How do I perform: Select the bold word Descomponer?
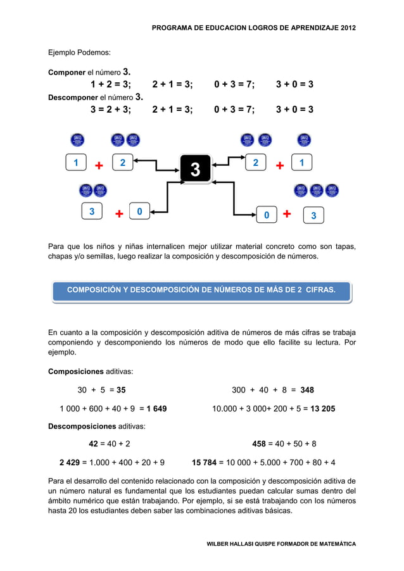[x=73, y=98]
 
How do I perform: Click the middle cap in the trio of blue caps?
[x=317, y=190]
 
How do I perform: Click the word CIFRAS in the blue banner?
[x=320, y=290]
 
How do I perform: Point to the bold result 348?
[x=307, y=389]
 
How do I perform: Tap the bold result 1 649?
[x=156, y=408]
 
